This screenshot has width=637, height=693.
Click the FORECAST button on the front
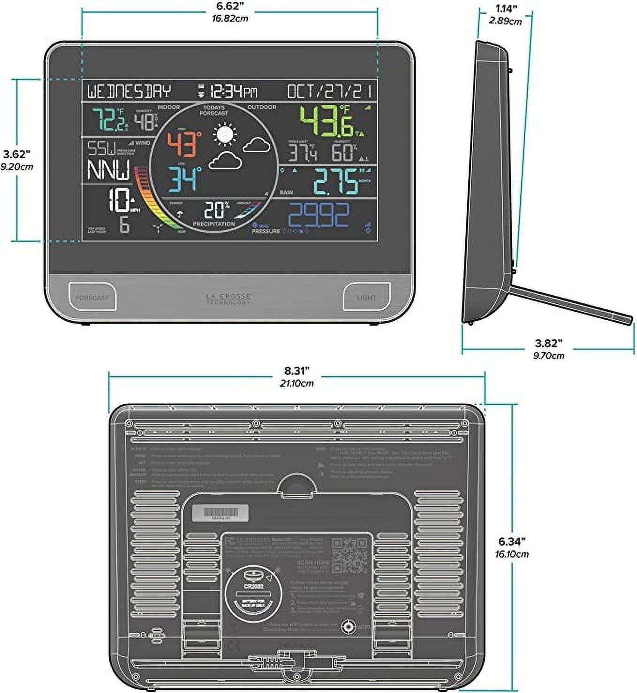92,297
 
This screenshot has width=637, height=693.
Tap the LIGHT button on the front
366,297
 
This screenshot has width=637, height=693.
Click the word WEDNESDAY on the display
129,91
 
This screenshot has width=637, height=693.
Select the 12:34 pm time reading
233,91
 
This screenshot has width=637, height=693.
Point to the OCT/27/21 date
329,91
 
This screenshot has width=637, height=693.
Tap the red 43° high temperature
184,144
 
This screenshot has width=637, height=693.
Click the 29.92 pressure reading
318,216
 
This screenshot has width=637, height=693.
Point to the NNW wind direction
109,170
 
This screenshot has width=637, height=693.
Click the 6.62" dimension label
229,7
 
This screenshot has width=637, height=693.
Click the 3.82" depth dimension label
548,344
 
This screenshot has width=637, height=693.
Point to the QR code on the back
350,555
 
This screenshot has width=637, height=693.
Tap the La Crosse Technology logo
229,299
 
